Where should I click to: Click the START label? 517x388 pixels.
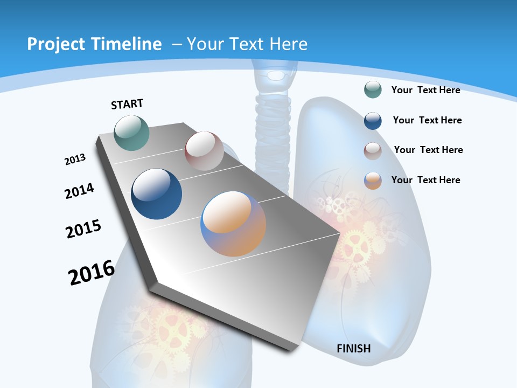[x=127, y=104]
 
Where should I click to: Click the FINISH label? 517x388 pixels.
[x=354, y=349]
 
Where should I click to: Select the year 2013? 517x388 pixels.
[x=75, y=160]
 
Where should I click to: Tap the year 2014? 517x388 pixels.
[x=79, y=191]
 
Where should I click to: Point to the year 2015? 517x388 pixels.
[x=83, y=228]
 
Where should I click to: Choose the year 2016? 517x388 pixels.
[x=92, y=273]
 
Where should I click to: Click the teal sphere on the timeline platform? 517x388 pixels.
[x=131, y=133]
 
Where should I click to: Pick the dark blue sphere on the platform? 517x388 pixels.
[x=156, y=194]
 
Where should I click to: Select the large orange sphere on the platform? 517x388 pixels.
[x=233, y=224]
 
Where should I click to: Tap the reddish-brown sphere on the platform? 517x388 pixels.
[x=204, y=151]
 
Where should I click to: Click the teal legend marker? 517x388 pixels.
[x=373, y=89]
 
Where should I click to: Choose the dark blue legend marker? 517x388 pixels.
[x=373, y=121]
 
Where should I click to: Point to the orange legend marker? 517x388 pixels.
[x=373, y=181]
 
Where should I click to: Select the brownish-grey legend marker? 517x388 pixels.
[x=373, y=151]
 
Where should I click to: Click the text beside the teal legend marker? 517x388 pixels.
[x=425, y=90]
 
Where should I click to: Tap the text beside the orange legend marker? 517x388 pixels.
[x=425, y=180]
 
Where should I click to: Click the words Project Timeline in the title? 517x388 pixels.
[x=94, y=44]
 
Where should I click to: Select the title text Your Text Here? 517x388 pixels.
[x=247, y=44]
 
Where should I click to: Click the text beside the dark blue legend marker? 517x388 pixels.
[x=427, y=120]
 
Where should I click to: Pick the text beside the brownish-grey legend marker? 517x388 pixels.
[x=428, y=150]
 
